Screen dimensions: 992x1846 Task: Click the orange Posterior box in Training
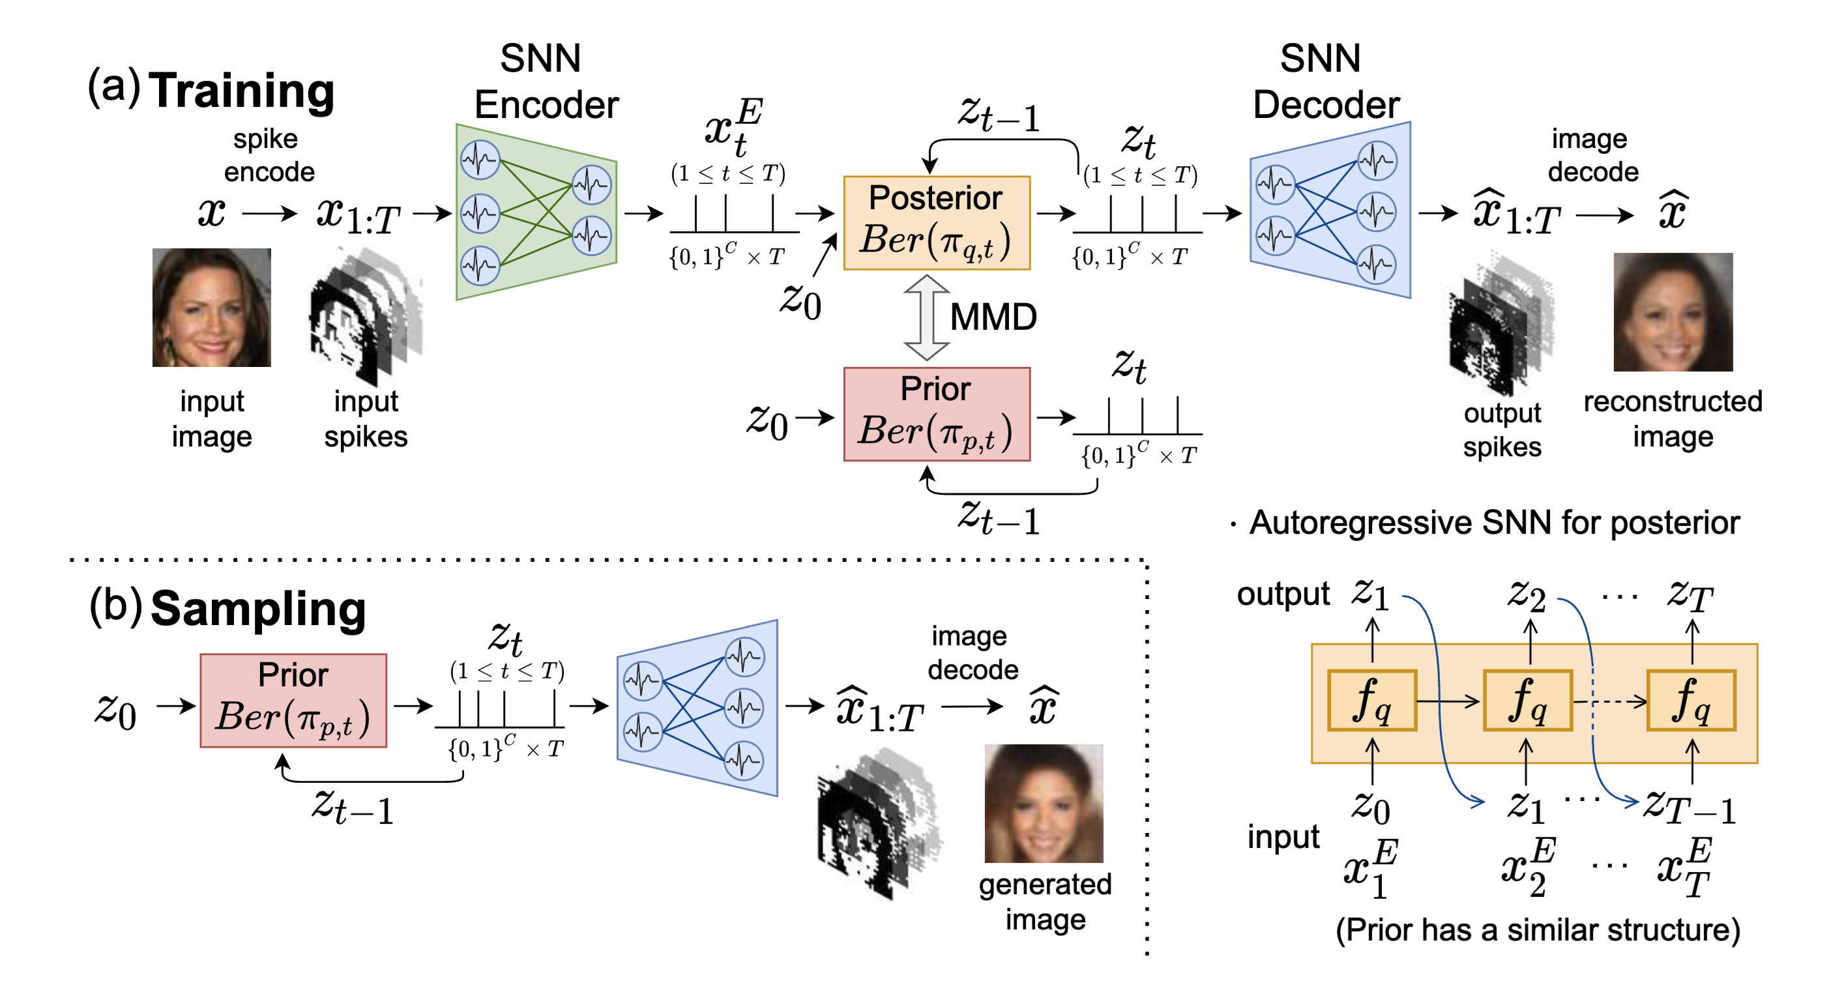tap(937, 222)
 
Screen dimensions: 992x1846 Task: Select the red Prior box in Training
tap(937, 414)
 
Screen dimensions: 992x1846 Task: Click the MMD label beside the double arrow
tap(993, 317)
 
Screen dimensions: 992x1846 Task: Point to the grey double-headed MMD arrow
tap(926, 317)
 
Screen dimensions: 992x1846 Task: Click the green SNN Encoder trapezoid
tap(536, 212)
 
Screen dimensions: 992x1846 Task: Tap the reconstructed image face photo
tap(1673, 312)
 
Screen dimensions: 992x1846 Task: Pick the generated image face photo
tap(1044, 803)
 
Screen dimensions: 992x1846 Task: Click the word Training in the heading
tap(242, 91)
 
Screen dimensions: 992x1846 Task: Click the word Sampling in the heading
tap(258, 609)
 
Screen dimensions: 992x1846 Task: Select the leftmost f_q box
tap(1371, 699)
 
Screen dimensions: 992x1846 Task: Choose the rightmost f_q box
tap(1692, 699)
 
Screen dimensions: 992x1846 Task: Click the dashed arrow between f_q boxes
tap(1609, 701)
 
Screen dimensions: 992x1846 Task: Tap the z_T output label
tap(1690, 595)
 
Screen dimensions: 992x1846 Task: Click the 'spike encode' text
tap(268, 155)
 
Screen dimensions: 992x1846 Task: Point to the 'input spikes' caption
tap(366, 418)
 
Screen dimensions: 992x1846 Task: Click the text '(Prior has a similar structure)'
tap(1538, 929)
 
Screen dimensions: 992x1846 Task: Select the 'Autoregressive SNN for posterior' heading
tap(1494, 523)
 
